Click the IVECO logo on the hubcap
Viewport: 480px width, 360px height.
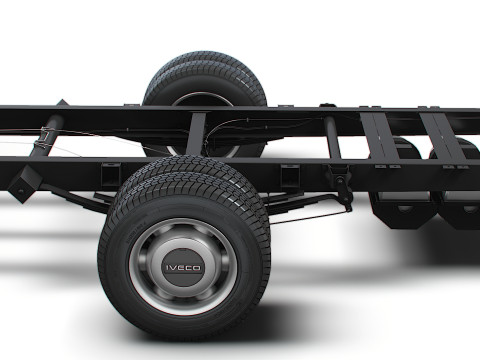pyautogui.click(x=183, y=267)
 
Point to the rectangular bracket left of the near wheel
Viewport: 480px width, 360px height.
pyautogui.click(x=110, y=172)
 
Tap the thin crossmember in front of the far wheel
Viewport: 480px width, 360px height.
pyautogui.click(x=196, y=134)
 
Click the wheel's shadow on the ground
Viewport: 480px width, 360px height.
pyautogui.click(x=300, y=320)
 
